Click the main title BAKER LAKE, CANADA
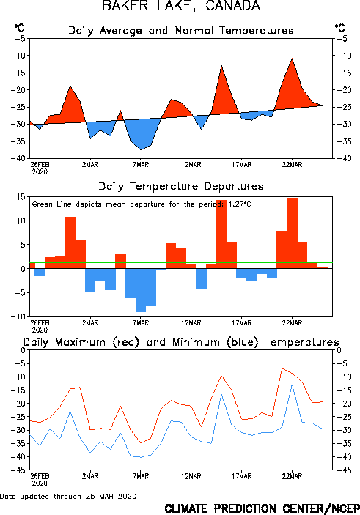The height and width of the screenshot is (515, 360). tap(181, 6)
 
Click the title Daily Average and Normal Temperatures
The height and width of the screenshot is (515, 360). tap(181, 31)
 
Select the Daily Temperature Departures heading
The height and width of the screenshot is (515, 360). tap(181, 187)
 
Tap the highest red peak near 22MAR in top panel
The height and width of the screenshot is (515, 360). tap(292, 59)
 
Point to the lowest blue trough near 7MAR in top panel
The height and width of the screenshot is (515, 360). tap(141, 149)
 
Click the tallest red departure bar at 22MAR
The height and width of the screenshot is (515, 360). tap(292, 233)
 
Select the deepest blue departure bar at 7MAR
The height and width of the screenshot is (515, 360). tap(141, 290)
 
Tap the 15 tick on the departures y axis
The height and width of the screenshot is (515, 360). tap(22, 197)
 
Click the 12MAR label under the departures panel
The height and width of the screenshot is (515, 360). tap(191, 323)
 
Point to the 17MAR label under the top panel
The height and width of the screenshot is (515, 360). tap(242, 165)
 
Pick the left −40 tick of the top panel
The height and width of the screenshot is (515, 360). tap(18, 158)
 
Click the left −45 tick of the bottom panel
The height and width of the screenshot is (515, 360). tap(18, 470)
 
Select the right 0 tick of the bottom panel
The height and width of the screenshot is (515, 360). tap(339, 350)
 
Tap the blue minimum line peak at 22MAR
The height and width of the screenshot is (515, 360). tap(292, 385)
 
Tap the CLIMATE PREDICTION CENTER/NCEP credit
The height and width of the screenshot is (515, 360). tap(262, 508)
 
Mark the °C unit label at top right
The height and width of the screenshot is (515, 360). tap(340, 28)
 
